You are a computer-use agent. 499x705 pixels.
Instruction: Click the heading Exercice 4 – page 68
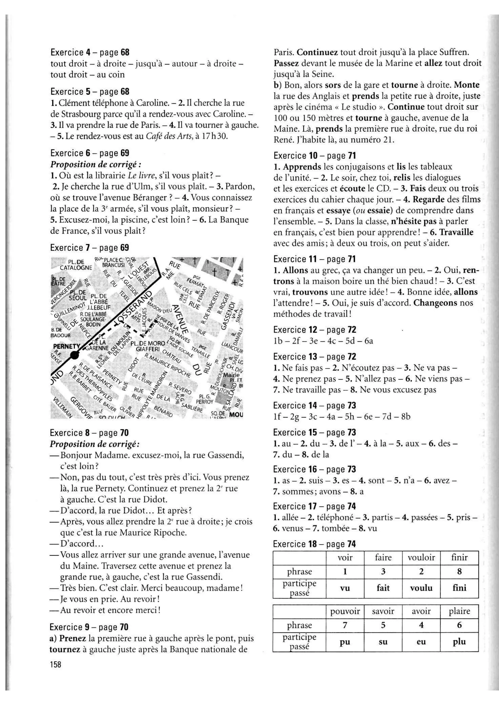coord(90,53)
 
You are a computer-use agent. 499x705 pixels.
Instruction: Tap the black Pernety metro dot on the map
coord(74,355)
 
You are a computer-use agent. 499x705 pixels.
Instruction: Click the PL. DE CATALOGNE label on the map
coord(76,265)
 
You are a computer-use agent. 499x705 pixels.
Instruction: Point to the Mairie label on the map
coord(231,375)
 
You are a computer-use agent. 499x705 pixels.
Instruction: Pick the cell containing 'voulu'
coord(421,588)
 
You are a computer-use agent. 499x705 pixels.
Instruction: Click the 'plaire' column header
coord(459,611)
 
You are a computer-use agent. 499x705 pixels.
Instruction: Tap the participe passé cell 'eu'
coord(421,641)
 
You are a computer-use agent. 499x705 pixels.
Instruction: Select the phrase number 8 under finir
coord(459,571)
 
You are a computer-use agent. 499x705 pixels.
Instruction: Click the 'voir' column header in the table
coord(345,557)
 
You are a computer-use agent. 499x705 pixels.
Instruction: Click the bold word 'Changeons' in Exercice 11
coord(435,303)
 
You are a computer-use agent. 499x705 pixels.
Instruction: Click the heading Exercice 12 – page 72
coord(315,330)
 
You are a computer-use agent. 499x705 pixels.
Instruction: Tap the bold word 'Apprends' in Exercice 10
coord(302,167)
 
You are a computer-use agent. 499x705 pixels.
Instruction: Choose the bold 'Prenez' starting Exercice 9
coord(73,638)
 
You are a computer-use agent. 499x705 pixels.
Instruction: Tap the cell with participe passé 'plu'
coord(459,641)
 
